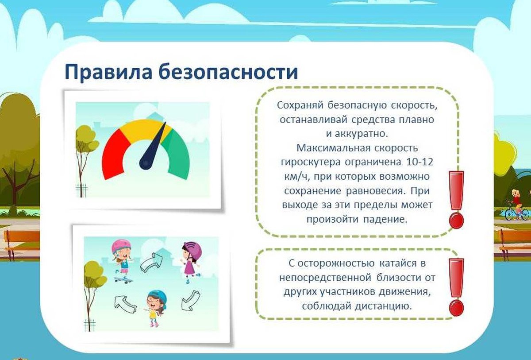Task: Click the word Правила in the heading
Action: pyautogui.click(x=108, y=72)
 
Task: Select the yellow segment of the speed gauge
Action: pyautogui.click(x=145, y=129)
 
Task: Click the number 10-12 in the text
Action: pyautogui.click(x=419, y=162)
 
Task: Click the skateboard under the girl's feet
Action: pyautogui.click(x=123, y=280)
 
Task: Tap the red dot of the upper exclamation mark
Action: pyautogui.click(x=456, y=221)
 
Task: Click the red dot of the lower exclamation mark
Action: pyautogui.click(x=456, y=308)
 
